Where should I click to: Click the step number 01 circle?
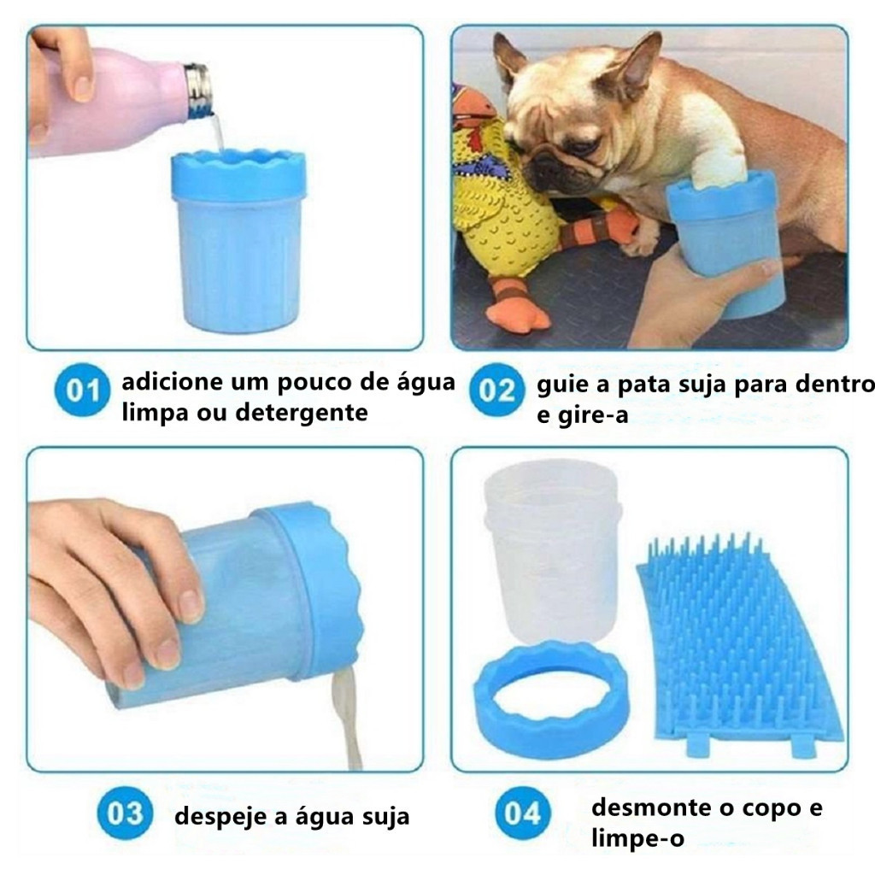click(82, 390)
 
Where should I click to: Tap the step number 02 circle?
click(496, 390)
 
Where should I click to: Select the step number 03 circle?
click(125, 813)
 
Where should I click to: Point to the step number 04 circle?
click(522, 813)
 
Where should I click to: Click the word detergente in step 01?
click(302, 413)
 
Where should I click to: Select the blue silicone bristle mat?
click(740, 648)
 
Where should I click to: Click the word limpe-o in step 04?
click(637, 838)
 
